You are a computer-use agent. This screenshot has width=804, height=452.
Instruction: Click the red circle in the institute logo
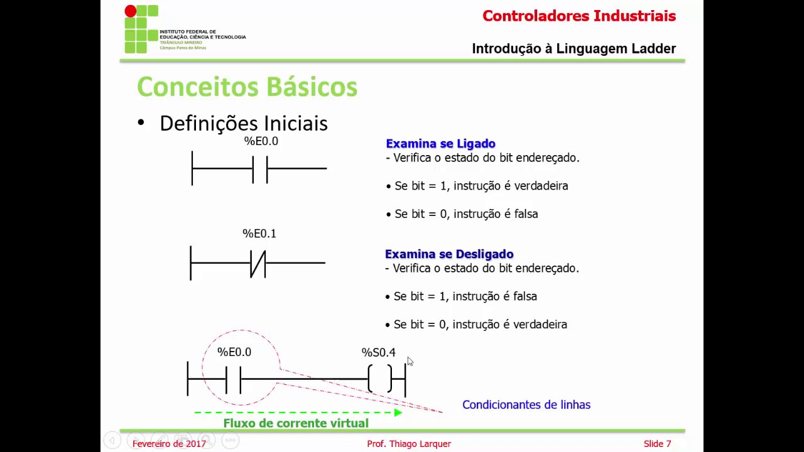(x=130, y=11)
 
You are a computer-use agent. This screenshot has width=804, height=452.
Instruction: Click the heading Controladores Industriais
(x=579, y=16)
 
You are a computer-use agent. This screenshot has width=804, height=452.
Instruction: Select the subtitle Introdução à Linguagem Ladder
(x=573, y=49)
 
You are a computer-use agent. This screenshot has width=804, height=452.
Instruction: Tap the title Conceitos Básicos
(x=247, y=87)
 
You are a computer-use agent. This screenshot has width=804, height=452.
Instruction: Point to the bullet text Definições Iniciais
(x=243, y=123)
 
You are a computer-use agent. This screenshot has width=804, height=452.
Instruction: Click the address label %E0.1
(x=259, y=234)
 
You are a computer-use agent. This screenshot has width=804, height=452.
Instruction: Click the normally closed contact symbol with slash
(x=258, y=264)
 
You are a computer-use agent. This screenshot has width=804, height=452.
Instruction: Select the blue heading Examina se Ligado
(x=440, y=144)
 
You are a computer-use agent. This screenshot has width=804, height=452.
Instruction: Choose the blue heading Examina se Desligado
(x=448, y=254)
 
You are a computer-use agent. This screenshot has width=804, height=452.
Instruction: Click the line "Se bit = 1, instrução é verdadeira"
(x=481, y=186)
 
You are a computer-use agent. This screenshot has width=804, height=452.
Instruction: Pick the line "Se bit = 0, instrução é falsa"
(x=465, y=214)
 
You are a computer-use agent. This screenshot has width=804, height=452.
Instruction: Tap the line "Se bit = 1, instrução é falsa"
(x=465, y=296)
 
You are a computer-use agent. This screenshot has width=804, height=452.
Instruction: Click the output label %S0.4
(x=378, y=353)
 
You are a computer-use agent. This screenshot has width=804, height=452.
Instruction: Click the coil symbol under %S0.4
(x=379, y=379)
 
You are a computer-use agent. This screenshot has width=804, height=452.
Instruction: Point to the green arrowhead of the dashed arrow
(x=398, y=412)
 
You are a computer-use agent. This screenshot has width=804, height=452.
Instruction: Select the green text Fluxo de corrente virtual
(x=295, y=423)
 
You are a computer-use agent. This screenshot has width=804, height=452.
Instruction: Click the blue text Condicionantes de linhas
(x=526, y=405)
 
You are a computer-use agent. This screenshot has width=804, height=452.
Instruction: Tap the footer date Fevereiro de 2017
(x=169, y=444)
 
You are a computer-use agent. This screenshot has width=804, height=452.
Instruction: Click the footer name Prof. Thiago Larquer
(x=408, y=444)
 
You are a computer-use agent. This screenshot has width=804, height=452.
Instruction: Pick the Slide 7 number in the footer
(x=657, y=444)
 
